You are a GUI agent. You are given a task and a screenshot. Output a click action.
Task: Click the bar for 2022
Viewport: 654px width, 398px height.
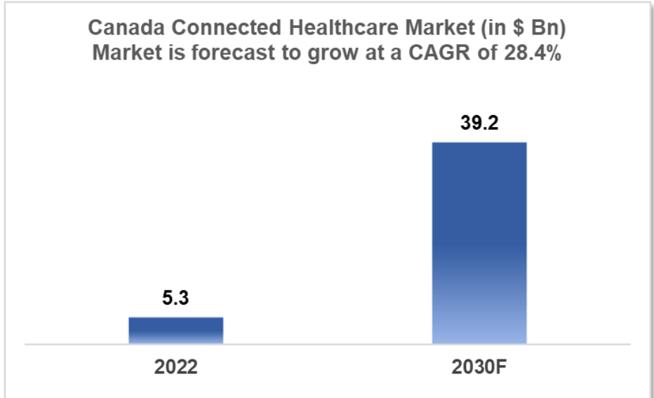coord(175,330)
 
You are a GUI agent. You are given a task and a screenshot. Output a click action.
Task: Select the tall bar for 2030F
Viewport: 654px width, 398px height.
coord(479,242)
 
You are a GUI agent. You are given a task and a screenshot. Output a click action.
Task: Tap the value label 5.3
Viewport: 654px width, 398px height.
coord(175,298)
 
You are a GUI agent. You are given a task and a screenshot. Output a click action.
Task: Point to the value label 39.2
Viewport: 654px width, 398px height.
coord(479,124)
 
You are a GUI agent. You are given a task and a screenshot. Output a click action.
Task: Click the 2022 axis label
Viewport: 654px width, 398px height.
coord(175,368)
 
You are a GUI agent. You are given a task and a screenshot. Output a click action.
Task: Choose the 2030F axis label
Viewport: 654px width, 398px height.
coord(479,368)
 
